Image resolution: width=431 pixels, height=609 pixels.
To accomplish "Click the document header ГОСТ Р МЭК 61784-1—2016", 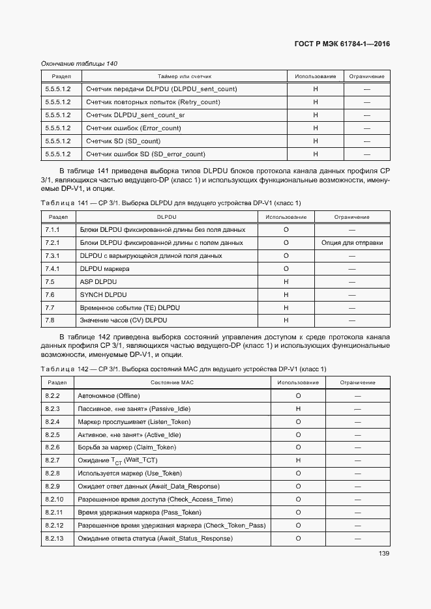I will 342,44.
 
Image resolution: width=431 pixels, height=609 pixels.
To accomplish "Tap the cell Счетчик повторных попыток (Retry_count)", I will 153,102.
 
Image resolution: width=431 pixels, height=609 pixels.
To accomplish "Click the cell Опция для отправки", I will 352,243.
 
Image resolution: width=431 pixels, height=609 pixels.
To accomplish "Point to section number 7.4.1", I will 53,268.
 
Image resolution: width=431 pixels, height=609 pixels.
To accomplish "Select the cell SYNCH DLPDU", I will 101,294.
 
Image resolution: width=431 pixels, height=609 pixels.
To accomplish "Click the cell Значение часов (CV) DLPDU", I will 123,320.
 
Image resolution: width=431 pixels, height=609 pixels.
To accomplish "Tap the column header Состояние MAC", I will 172,382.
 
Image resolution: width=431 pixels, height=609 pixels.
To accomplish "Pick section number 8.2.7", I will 53,460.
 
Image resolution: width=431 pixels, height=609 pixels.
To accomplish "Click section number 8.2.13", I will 54,539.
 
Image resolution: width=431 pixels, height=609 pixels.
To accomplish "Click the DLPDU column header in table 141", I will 167,217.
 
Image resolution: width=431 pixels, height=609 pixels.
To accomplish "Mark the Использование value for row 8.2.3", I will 298,408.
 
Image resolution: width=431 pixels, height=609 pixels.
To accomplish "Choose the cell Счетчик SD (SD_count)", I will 123,141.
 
